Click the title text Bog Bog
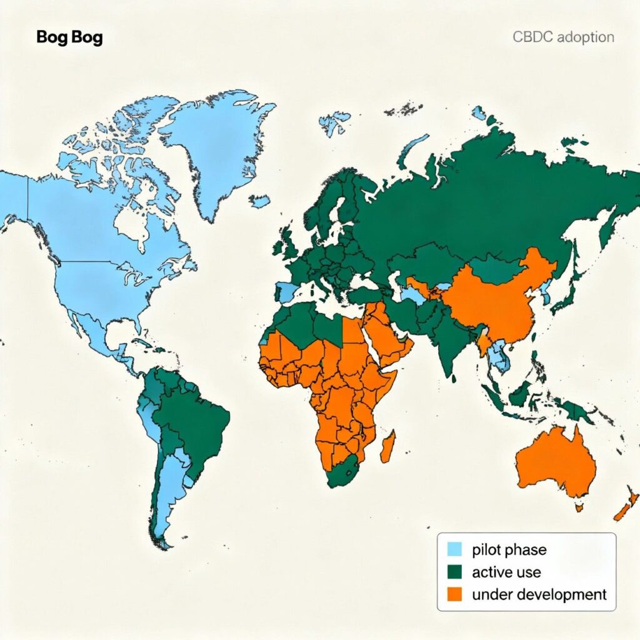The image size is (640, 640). pyautogui.click(x=69, y=37)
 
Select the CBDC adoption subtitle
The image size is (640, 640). pyautogui.click(x=563, y=37)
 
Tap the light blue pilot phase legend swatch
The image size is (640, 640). pyautogui.click(x=454, y=549)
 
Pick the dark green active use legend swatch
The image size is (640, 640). pyautogui.click(x=454, y=571)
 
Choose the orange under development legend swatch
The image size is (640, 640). pyautogui.click(x=454, y=593)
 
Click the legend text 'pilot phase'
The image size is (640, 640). pyautogui.click(x=509, y=550)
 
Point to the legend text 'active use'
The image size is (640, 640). pyautogui.click(x=506, y=572)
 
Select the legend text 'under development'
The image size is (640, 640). pyautogui.click(x=539, y=594)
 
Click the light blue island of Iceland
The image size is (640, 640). pyautogui.click(x=259, y=201)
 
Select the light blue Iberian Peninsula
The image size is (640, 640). pyautogui.click(x=287, y=291)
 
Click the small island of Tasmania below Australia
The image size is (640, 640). pyautogui.click(x=579, y=507)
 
